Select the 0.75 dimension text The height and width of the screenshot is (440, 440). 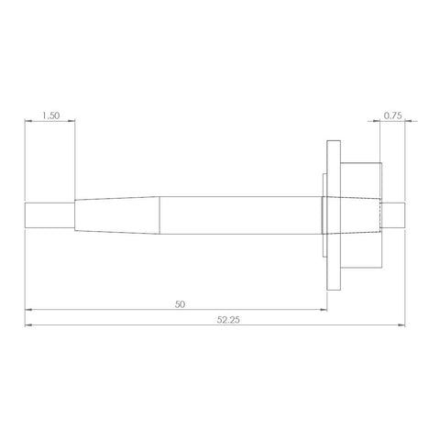pyautogui.click(x=393, y=116)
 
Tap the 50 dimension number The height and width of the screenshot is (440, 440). pyautogui.click(x=178, y=302)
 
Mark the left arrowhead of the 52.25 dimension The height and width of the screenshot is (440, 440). pyautogui.click(x=28, y=324)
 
